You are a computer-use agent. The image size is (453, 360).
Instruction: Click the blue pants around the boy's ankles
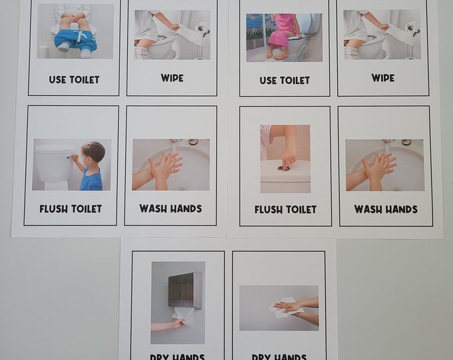click(75, 38)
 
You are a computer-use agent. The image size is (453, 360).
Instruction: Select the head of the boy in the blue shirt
click(94, 153)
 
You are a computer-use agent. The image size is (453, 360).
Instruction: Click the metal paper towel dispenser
click(184, 291)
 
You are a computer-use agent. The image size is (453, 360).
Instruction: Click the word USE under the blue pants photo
click(58, 79)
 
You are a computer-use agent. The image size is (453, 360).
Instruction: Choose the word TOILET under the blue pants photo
click(84, 79)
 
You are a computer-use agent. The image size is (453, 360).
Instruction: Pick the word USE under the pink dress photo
click(268, 80)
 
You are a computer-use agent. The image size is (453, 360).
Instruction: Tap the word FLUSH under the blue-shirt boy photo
click(53, 209)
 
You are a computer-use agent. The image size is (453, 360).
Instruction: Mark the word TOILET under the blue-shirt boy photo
click(87, 209)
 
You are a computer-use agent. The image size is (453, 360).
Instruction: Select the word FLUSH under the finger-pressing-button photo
click(268, 209)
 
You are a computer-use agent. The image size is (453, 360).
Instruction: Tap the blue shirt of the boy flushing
click(91, 177)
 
